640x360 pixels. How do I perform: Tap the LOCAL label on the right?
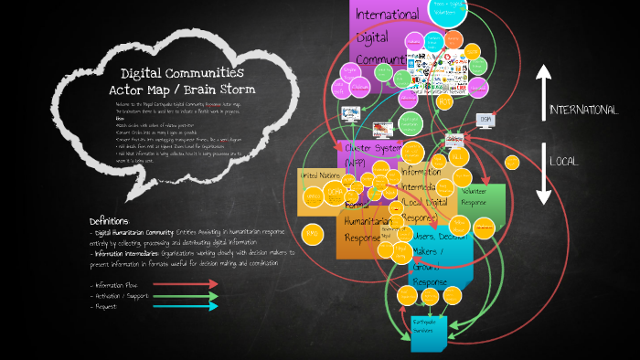[x=563, y=161]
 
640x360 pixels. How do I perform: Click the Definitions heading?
[x=110, y=221]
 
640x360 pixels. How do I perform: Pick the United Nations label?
[x=320, y=175]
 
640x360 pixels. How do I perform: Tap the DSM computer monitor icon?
[x=485, y=120]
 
